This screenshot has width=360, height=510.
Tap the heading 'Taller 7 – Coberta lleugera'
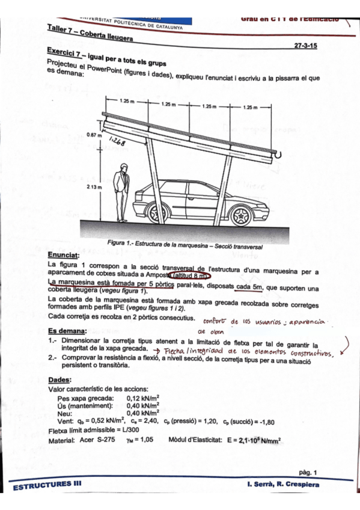pyautogui.click(x=90, y=33)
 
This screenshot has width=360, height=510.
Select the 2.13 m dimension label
pyautogui.click(x=94, y=188)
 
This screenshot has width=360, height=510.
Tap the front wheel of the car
pyautogui.click(x=242, y=214)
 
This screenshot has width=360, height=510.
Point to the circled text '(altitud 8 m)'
pyautogui.click(x=189, y=275)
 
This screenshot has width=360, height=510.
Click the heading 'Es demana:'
pyautogui.click(x=67, y=330)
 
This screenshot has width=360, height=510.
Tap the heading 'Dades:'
pyautogui.click(x=59, y=380)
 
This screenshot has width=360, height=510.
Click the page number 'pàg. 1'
pyautogui.click(x=307, y=472)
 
